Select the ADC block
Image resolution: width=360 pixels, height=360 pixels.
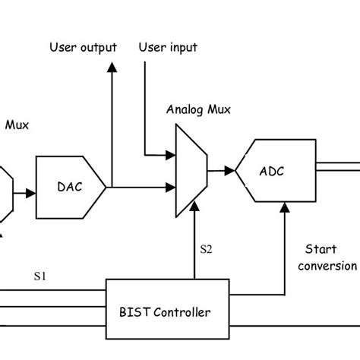[x=274, y=171]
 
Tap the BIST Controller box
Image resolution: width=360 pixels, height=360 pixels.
[x=166, y=311]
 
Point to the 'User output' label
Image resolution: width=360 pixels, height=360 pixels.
[x=84, y=47]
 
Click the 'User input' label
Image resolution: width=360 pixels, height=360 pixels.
[x=168, y=47]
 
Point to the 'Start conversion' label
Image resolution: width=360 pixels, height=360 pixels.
[x=327, y=257]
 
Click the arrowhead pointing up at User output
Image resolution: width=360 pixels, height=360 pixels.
[x=112, y=68]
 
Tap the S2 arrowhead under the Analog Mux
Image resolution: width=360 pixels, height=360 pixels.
[x=195, y=210]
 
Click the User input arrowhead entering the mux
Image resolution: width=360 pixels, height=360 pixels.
[x=171, y=156]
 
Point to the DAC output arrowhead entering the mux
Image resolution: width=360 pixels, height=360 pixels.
[x=171, y=185]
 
